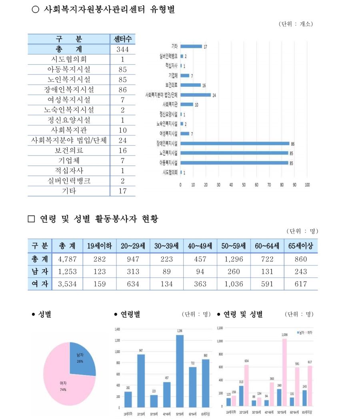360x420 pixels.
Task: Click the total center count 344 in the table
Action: pyautogui.click(x=122, y=50)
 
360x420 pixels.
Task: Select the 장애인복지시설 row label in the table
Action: pyautogui.click(x=69, y=90)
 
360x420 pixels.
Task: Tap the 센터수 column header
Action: pyautogui.click(x=122, y=39)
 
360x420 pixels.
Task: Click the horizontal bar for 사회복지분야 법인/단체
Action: pyautogui.click(x=195, y=95)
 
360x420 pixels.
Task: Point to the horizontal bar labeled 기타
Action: pyautogui.click(x=191, y=46)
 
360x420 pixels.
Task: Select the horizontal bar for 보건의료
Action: pyautogui.click(x=190, y=85)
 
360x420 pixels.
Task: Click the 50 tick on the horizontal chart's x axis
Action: pyautogui.click(x=244, y=185)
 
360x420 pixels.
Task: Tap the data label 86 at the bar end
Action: pyautogui.click(x=293, y=143)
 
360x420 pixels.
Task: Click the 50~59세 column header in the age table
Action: pyautogui.click(x=233, y=246)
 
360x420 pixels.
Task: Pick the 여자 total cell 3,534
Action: pyautogui.click(x=67, y=284)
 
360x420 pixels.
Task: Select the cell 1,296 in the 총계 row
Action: pyautogui.click(x=233, y=259)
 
